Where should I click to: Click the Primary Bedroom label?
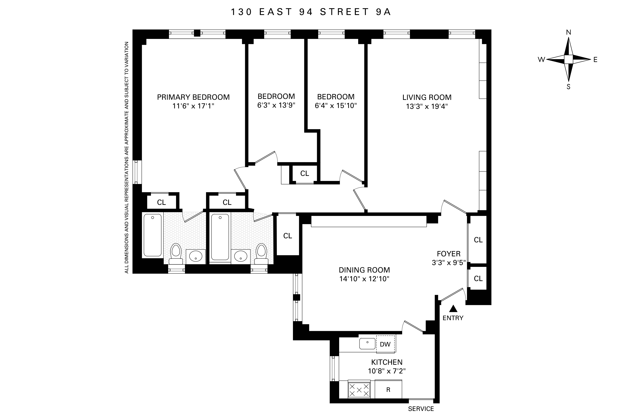click(193, 97)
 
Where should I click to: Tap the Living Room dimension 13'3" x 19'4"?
click(426, 106)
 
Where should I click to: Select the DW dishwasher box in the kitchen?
click(385, 344)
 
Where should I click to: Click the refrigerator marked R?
click(388, 390)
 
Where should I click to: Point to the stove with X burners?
click(359, 390)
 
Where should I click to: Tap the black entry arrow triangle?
click(453, 309)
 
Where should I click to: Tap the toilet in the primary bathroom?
click(176, 253)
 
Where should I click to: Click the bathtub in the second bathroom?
click(220, 237)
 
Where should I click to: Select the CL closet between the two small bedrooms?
click(305, 173)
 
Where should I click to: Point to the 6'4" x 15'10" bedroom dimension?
click(336, 106)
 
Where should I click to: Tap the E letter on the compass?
click(595, 60)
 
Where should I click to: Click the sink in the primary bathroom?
click(196, 257)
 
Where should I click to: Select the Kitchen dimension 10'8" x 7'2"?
click(387, 371)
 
